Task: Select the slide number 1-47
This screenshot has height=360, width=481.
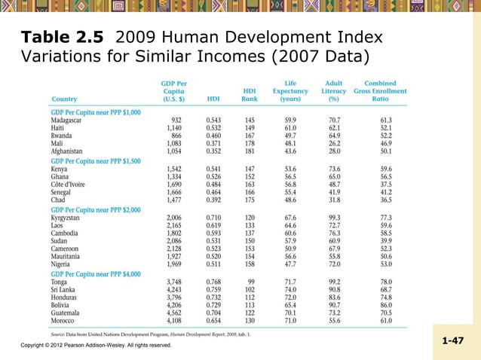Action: tap(452, 341)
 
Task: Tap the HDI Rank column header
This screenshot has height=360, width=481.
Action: tap(250, 94)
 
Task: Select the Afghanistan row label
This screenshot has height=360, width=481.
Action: tap(69, 151)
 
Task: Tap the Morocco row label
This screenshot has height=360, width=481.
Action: tap(64, 319)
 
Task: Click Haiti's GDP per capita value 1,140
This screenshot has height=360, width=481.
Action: tap(174, 128)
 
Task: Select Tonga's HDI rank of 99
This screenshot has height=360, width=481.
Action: tap(253, 280)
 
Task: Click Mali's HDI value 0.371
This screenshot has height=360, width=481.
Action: tap(214, 143)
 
